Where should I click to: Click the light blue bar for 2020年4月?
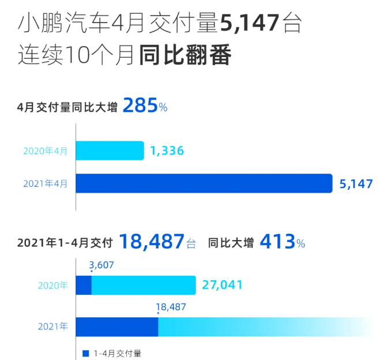point(110,151)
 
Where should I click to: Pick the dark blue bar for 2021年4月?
point(204,183)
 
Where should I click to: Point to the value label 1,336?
point(167,151)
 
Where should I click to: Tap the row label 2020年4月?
point(45,152)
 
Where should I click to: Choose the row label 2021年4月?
point(45,184)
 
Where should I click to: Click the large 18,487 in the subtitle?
point(152,242)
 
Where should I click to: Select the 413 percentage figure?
point(277,242)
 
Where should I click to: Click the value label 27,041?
point(222,285)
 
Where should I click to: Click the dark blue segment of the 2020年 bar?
point(84,285)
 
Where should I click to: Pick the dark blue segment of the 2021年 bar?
point(117,327)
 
